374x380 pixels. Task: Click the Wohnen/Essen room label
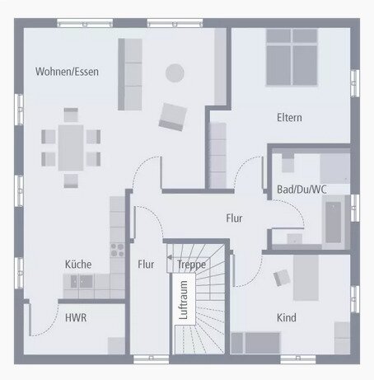coord(67,72)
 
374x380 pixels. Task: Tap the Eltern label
coord(289,118)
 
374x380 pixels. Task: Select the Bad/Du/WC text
coord(302,190)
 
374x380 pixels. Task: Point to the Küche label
coord(78,265)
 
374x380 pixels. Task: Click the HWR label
coord(76,317)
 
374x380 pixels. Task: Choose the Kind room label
coord(287,317)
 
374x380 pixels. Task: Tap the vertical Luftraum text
coord(183,300)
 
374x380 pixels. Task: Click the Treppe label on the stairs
coord(191,265)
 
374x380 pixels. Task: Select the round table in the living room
coord(175,73)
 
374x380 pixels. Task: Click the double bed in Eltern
coord(292,57)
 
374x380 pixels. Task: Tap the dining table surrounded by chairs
coord(71,148)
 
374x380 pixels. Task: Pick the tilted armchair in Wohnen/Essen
coord(173,117)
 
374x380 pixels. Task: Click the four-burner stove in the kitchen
coord(117,250)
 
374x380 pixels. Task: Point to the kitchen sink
coord(82,281)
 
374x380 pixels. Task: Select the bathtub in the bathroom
coord(333,223)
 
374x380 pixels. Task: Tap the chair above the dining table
coord(71,115)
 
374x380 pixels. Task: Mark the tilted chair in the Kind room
coord(282,277)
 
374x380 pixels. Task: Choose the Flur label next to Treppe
coord(146,265)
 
